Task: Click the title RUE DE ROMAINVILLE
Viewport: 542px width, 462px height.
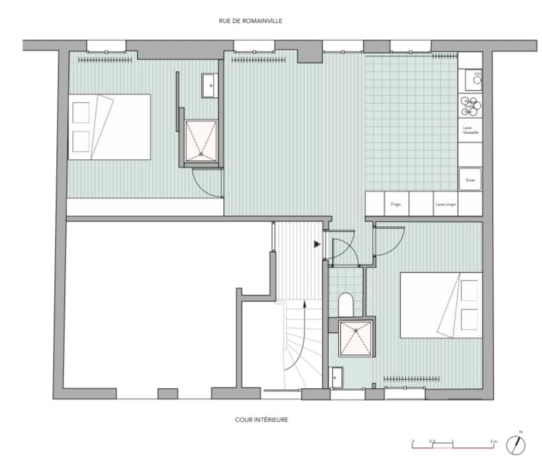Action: point(250,21)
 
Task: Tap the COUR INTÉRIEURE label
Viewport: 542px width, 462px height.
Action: point(262,420)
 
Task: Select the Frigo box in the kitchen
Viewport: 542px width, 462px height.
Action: point(396,203)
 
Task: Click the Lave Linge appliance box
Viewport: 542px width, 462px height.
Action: point(445,203)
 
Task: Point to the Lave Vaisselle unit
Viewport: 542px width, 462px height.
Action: point(470,130)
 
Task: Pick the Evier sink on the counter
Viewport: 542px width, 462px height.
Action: point(470,179)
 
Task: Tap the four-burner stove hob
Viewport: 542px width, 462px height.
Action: point(470,106)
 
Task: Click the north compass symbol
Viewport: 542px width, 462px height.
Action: point(517,444)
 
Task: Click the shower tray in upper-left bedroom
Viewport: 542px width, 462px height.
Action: point(201,141)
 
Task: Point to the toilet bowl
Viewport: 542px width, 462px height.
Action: point(346,304)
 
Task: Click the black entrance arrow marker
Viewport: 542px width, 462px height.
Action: point(317,244)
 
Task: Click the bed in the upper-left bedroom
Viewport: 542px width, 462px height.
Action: point(109,127)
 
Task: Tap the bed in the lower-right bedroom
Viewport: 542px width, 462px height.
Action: point(441,304)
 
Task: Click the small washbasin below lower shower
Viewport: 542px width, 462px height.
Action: point(337,377)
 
